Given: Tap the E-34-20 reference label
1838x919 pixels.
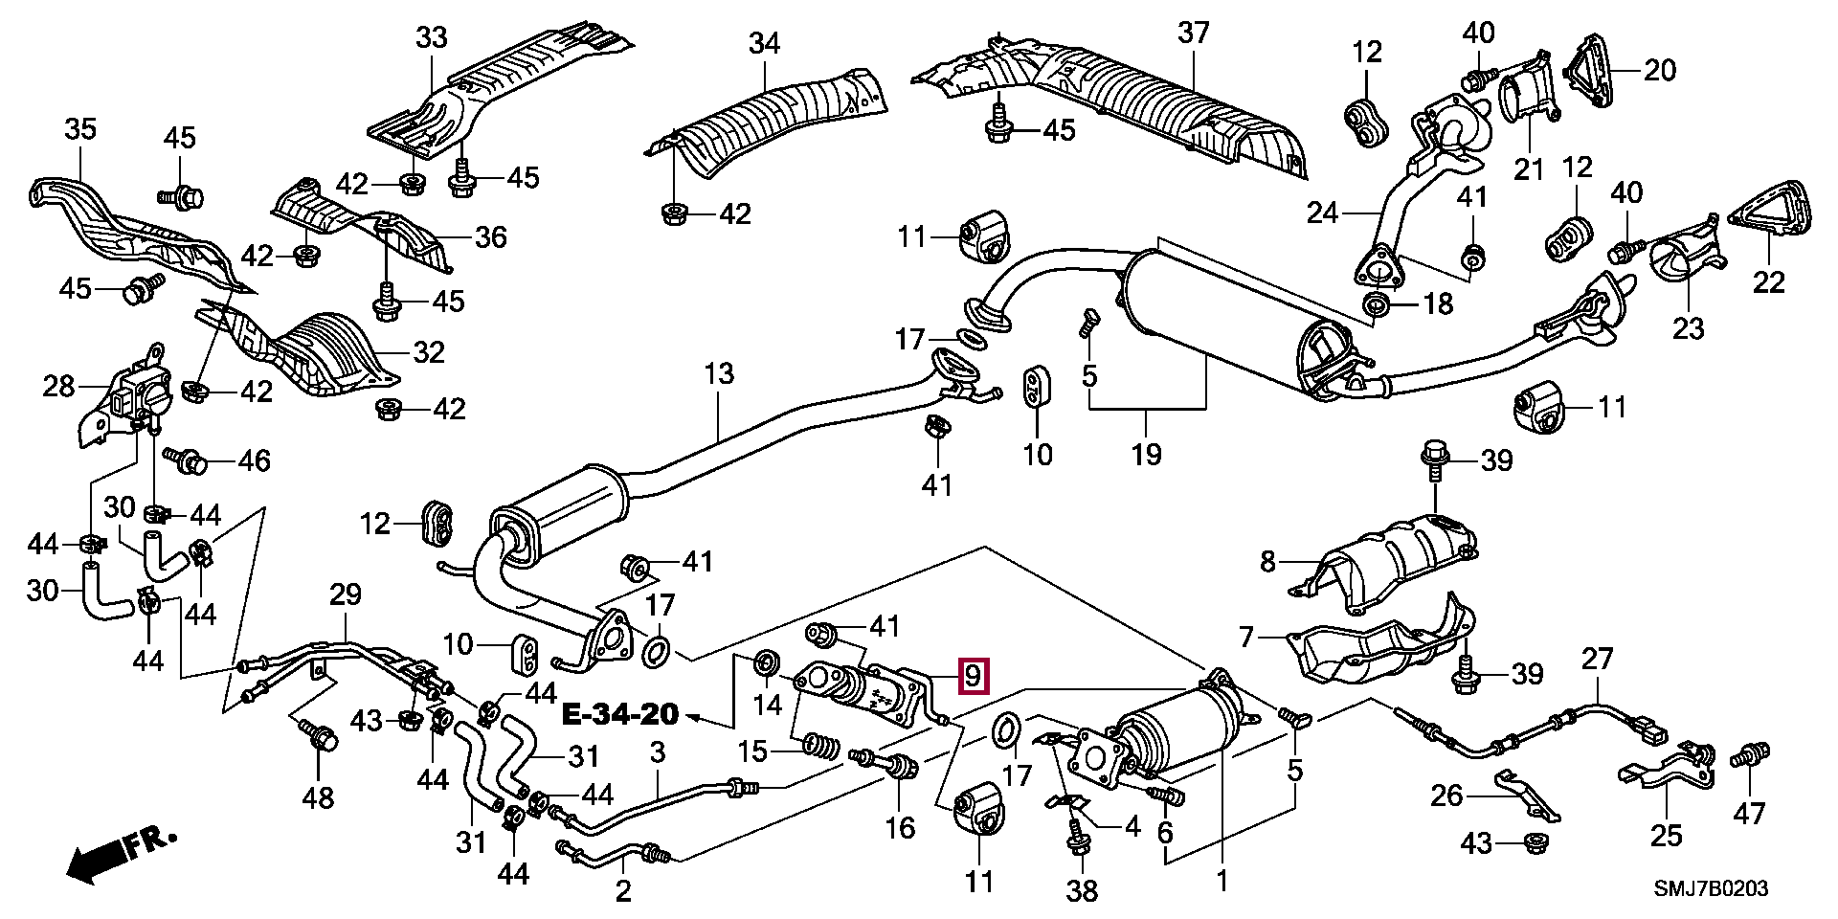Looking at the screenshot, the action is pos(619,714).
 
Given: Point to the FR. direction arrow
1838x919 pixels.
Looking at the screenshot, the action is pos(120,855).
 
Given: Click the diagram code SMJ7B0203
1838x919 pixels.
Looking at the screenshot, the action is pos(1712,889).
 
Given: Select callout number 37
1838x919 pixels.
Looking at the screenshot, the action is pos(1195,34).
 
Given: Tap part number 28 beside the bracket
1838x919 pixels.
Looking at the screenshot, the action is pos(58,387).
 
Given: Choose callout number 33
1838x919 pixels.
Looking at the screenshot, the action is pos(432,38).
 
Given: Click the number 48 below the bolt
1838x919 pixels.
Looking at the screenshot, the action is pos(318,796).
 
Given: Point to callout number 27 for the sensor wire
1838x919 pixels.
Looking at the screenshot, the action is pos(1597,659).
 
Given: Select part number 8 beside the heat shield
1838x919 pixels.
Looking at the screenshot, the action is pos(1267,561).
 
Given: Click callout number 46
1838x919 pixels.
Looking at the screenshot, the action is pos(255,460).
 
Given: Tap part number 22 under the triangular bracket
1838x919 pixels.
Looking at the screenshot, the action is pos(1769,281).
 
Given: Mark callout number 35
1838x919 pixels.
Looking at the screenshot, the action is pos(81,128).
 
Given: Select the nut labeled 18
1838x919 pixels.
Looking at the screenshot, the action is pos(1377,306).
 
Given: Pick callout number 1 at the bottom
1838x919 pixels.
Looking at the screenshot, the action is pos(1222,880).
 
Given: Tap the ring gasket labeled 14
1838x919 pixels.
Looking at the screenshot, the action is pos(766,661).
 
